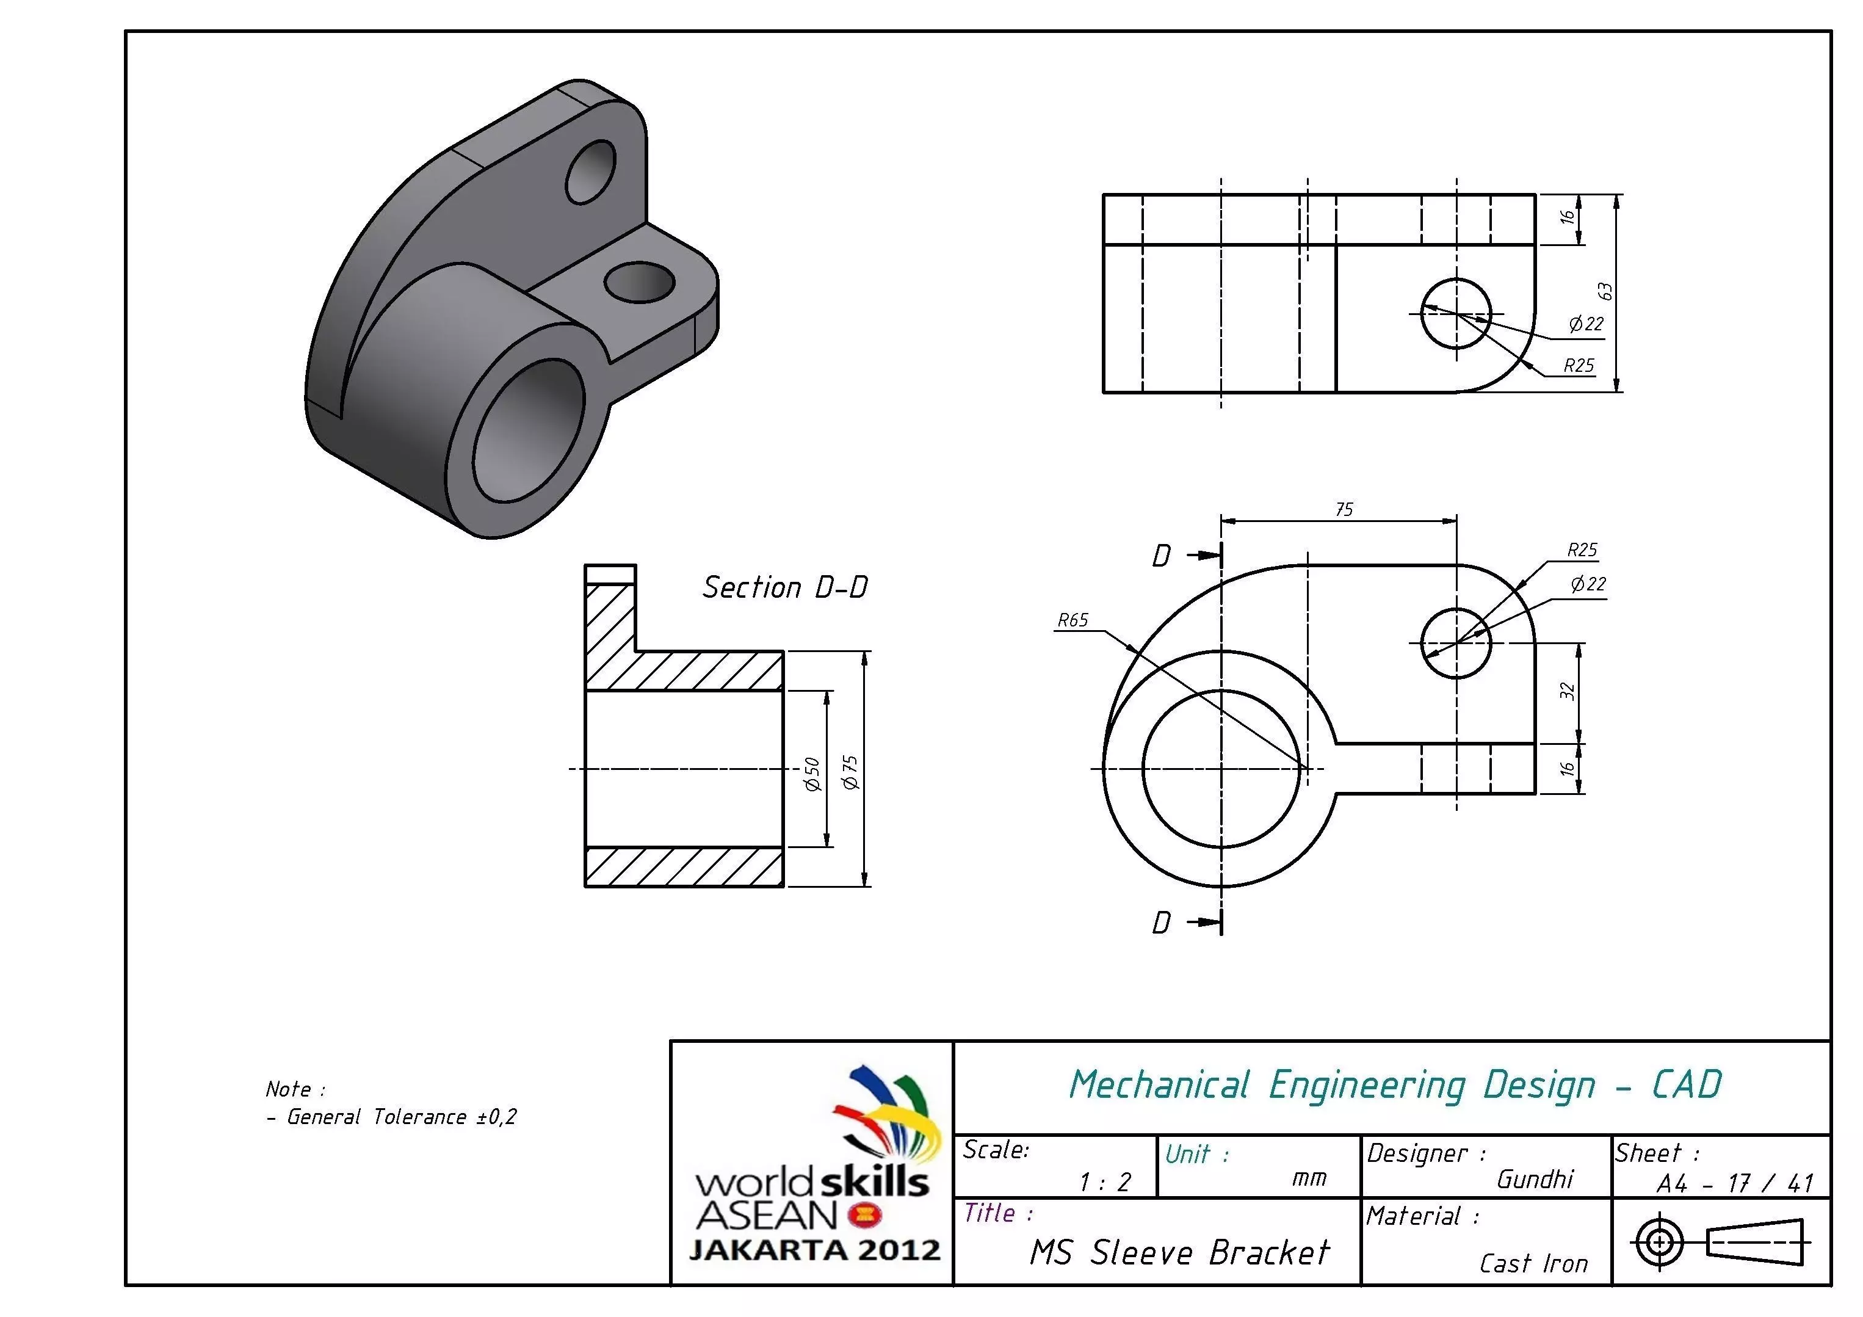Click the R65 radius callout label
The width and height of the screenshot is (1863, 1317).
(x=1072, y=621)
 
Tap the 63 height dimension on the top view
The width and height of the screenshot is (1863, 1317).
(x=1604, y=291)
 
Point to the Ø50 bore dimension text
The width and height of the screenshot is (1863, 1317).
(x=811, y=774)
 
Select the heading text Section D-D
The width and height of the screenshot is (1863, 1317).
(x=784, y=587)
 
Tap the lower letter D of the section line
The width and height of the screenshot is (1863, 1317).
(x=1161, y=923)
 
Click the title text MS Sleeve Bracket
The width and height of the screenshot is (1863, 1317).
(x=1179, y=1253)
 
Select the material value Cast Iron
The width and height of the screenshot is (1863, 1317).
(x=1533, y=1263)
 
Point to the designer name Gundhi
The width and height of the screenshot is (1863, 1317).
(x=1535, y=1179)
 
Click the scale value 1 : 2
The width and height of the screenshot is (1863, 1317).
(x=1104, y=1182)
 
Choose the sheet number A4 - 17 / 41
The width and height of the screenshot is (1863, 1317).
(x=1734, y=1183)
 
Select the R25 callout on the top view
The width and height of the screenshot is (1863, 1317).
(x=1578, y=366)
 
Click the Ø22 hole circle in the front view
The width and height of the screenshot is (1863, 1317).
(x=1456, y=644)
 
